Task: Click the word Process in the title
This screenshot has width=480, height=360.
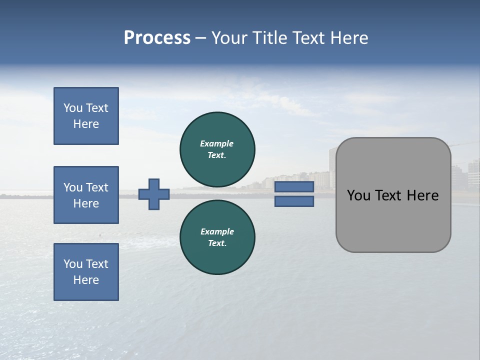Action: (x=157, y=38)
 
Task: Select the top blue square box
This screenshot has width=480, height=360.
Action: (x=86, y=116)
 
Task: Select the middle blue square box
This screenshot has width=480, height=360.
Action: (x=86, y=195)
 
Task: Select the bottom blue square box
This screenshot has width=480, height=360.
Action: (x=86, y=272)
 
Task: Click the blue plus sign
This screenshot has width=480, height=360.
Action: (x=154, y=194)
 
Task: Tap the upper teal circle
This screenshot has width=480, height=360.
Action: (x=217, y=149)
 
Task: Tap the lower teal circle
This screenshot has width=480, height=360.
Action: (x=217, y=237)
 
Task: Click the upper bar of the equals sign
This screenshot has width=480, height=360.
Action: (x=294, y=187)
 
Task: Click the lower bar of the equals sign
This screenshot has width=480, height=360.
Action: (x=294, y=201)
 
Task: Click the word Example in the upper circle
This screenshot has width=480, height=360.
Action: (x=216, y=143)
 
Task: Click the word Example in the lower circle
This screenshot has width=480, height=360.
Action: (x=217, y=231)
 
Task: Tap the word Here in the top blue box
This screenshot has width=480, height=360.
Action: (x=86, y=124)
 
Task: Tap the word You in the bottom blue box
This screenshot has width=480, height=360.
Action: (x=73, y=264)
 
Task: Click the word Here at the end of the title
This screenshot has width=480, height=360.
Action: (x=350, y=38)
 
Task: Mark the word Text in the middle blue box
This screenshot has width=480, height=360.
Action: (x=97, y=187)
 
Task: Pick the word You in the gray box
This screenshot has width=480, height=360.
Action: (x=358, y=195)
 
